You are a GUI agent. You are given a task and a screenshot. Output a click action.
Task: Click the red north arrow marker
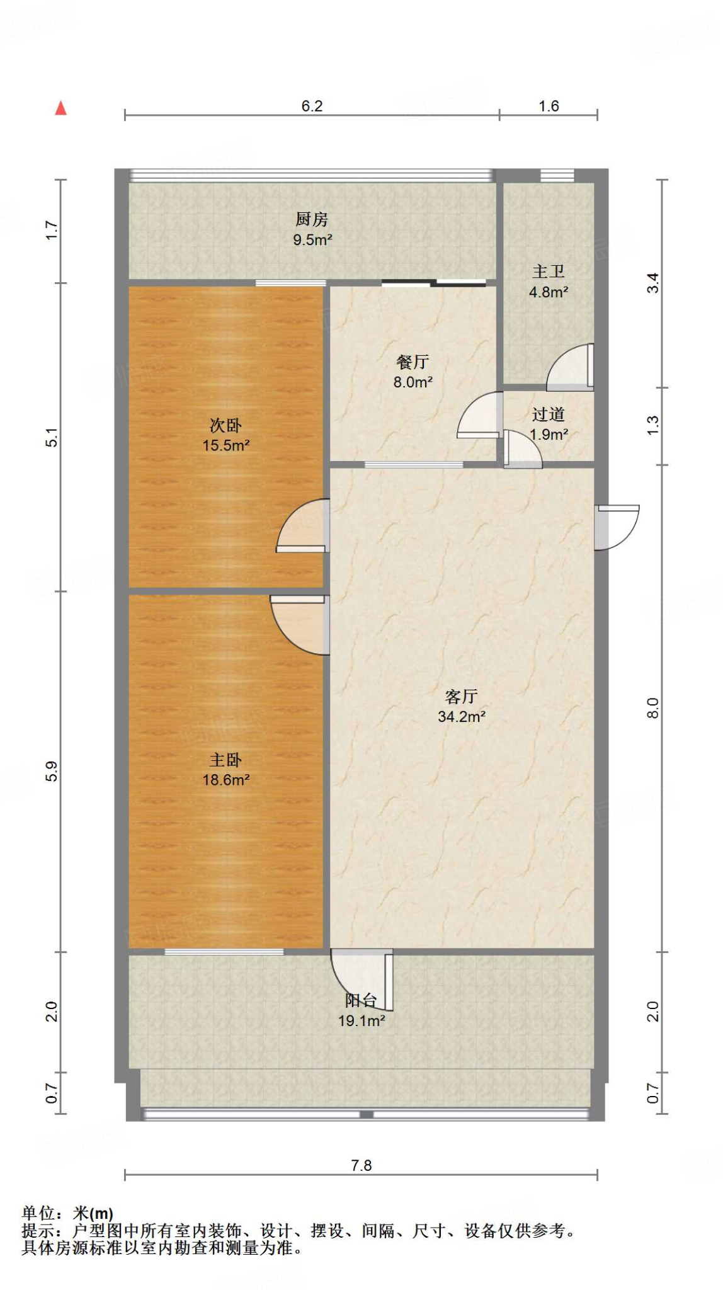[61, 108]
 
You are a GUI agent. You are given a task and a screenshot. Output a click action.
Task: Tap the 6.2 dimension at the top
[312, 106]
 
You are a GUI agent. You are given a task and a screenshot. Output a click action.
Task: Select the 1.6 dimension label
[549, 106]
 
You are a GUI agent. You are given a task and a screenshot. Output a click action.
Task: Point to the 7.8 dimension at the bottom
[361, 1165]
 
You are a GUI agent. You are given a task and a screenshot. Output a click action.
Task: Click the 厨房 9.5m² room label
[312, 229]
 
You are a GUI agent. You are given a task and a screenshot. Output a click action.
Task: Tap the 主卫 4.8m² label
[548, 282]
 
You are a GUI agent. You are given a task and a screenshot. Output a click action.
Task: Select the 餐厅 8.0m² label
[413, 372]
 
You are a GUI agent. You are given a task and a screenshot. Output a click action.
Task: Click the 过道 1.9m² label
[549, 424]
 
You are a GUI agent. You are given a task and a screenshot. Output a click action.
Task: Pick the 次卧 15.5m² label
[225, 435]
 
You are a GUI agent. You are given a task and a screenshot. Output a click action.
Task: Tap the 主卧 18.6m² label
[225, 770]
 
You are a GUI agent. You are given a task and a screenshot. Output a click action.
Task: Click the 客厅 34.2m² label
[461, 706]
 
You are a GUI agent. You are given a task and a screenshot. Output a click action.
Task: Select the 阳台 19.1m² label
[361, 1010]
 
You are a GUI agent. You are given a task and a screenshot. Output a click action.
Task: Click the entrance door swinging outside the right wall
[617, 527]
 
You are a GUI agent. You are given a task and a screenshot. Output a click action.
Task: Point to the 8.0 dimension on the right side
[653, 708]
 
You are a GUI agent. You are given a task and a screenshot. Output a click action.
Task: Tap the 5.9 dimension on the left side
[52, 772]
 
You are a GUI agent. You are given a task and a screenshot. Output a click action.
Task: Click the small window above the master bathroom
[557, 176]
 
